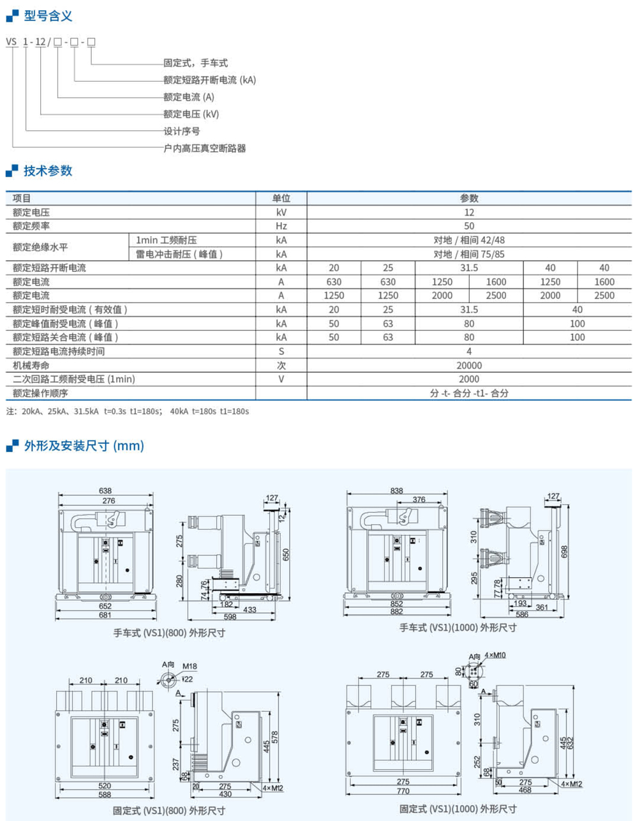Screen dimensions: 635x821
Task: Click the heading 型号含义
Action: point(48,16)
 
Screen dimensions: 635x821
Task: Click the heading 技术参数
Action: point(48,170)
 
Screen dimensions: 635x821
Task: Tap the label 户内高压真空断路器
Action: point(204,148)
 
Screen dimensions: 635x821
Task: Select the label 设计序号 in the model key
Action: point(182,131)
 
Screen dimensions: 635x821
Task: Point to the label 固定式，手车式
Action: point(195,63)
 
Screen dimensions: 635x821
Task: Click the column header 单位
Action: point(281,198)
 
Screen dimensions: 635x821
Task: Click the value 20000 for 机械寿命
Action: point(469,365)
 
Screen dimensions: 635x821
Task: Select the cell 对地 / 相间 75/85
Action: point(469,254)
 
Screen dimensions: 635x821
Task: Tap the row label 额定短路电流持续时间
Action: point(59,351)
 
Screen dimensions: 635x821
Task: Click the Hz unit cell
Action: point(281,226)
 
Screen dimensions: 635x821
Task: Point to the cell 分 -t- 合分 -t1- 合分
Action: point(469,393)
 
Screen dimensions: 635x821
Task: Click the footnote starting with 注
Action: point(128,411)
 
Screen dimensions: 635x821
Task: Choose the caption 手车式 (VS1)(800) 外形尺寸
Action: point(169,633)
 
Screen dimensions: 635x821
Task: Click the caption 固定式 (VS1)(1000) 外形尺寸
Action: point(458,808)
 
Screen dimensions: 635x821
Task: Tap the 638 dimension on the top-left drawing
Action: point(105,491)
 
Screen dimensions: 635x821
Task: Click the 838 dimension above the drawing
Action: point(396,490)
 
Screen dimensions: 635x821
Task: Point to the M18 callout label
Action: point(190,666)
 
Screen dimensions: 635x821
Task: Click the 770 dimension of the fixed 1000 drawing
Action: point(403,790)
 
